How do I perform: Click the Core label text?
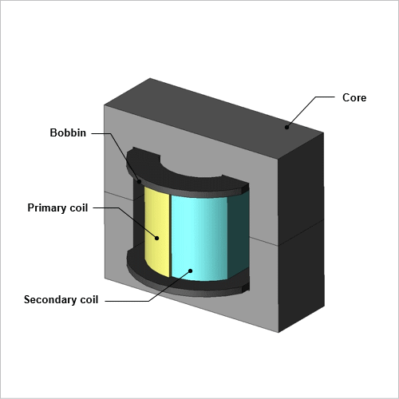pos(354,97)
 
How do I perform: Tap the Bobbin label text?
pos(68,132)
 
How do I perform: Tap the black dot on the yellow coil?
pos(157,238)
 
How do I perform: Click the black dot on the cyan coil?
pos(191,271)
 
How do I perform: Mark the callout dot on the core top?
pos(286,127)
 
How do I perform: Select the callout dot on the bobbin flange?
pos(139,182)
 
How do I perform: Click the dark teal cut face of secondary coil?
pos(239,234)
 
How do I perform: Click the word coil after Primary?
pos(78,207)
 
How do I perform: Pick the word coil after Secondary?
pos(89,299)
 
